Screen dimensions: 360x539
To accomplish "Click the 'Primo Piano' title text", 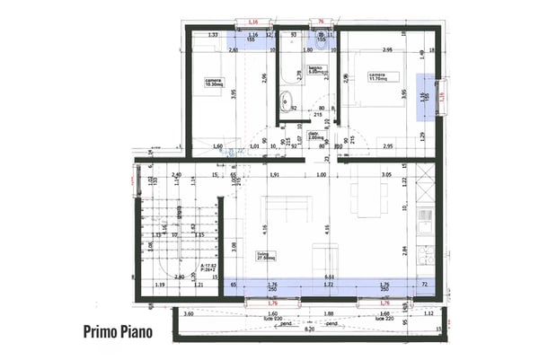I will [118, 331].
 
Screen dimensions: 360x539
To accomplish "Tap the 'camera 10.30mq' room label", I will [214, 83].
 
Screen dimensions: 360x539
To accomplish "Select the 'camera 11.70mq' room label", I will [376, 77].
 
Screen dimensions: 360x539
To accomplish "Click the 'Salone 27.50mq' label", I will [267, 255].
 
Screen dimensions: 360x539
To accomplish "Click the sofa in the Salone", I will [284, 208].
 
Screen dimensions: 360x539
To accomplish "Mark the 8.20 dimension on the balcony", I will [309, 330].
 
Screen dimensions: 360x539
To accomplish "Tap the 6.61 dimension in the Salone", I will [330, 277].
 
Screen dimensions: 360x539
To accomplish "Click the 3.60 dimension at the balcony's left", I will [189, 314].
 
